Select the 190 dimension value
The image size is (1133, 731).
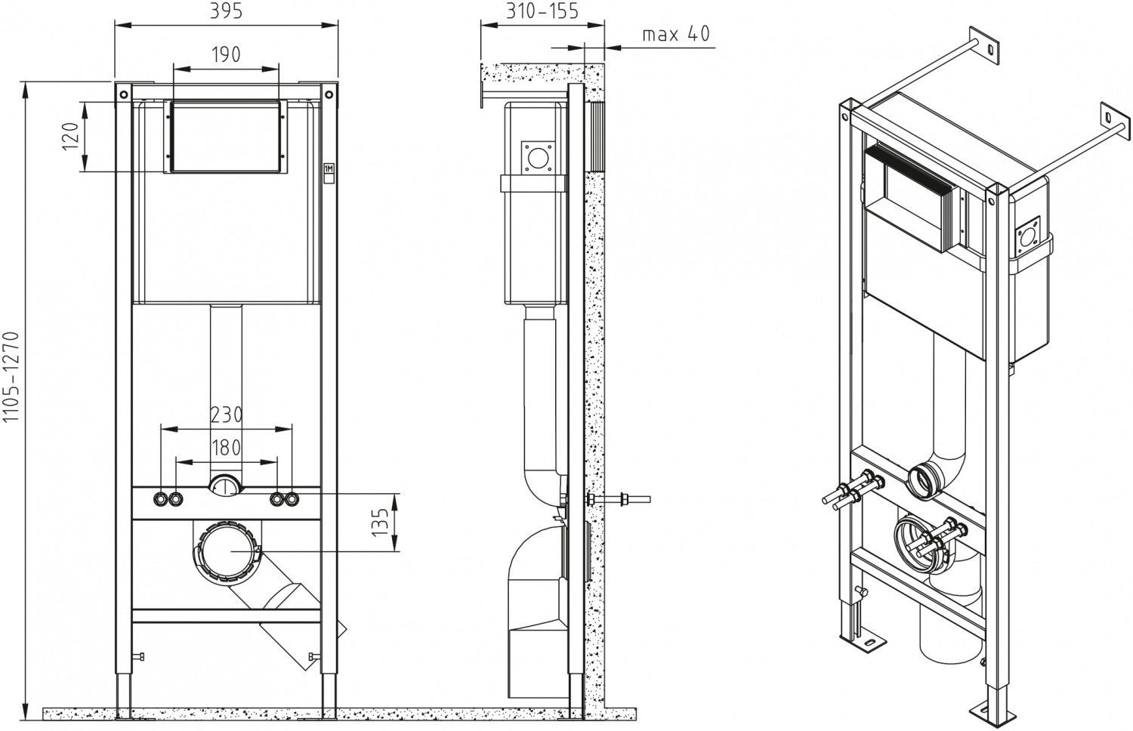226,54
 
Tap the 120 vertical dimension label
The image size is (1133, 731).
69,137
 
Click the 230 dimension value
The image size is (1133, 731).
226,415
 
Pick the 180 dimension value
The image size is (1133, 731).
226,447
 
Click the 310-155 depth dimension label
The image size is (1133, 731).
542,11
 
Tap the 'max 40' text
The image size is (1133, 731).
676,34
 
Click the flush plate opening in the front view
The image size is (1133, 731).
226,137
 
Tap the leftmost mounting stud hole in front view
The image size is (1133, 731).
161,499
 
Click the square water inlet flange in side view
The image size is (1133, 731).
538,157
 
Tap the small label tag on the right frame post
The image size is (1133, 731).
329,171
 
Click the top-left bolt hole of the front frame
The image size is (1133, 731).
122,94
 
